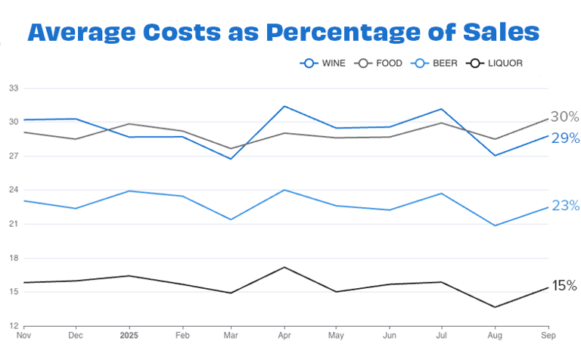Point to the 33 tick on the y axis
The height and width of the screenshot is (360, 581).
[x=14, y=88]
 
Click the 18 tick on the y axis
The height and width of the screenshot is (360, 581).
[x=14, y=258]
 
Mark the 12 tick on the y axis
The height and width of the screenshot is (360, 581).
[x=14, y=326]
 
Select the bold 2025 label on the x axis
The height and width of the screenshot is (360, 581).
[x=130, y=334]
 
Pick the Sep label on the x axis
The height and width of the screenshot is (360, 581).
[x=548, y=334]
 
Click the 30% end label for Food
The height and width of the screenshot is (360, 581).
[x=564, y=116]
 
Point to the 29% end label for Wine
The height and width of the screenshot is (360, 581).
[x=564, y=138]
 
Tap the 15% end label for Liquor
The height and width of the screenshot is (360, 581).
[x=564, y=285]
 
